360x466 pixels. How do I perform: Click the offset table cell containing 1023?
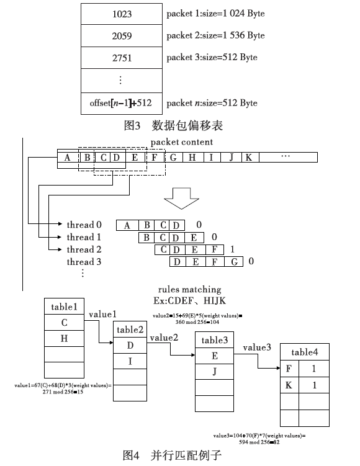coord(122,14)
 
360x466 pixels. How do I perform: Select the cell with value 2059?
coord(122,35)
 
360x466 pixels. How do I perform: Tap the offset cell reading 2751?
coord(122,58)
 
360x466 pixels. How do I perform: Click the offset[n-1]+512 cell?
coord(122,104)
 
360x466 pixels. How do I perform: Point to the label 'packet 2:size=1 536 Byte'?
coord(215,35)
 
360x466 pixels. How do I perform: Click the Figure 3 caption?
coord(173,125)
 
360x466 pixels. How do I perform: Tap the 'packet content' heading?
coord(182,142)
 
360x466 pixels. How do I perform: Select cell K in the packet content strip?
coord(250,157)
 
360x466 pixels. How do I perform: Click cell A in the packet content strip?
coord(68,157)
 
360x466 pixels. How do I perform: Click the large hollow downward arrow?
coord(181,199)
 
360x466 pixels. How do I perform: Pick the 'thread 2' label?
coord(84,249)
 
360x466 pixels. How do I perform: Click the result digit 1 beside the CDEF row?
coord(232,249)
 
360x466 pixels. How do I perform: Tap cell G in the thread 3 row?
coord(234,261)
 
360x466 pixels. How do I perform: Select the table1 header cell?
coord(64,307)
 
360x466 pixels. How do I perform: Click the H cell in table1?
coord(64,338)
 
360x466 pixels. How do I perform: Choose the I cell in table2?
coord(130,361)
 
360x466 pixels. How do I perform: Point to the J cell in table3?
coord(214,371)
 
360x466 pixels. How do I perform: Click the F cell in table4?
coord(289,369)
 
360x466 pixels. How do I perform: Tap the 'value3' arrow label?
coord(257,347)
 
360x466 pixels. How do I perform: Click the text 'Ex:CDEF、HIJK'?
coord(190,301)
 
